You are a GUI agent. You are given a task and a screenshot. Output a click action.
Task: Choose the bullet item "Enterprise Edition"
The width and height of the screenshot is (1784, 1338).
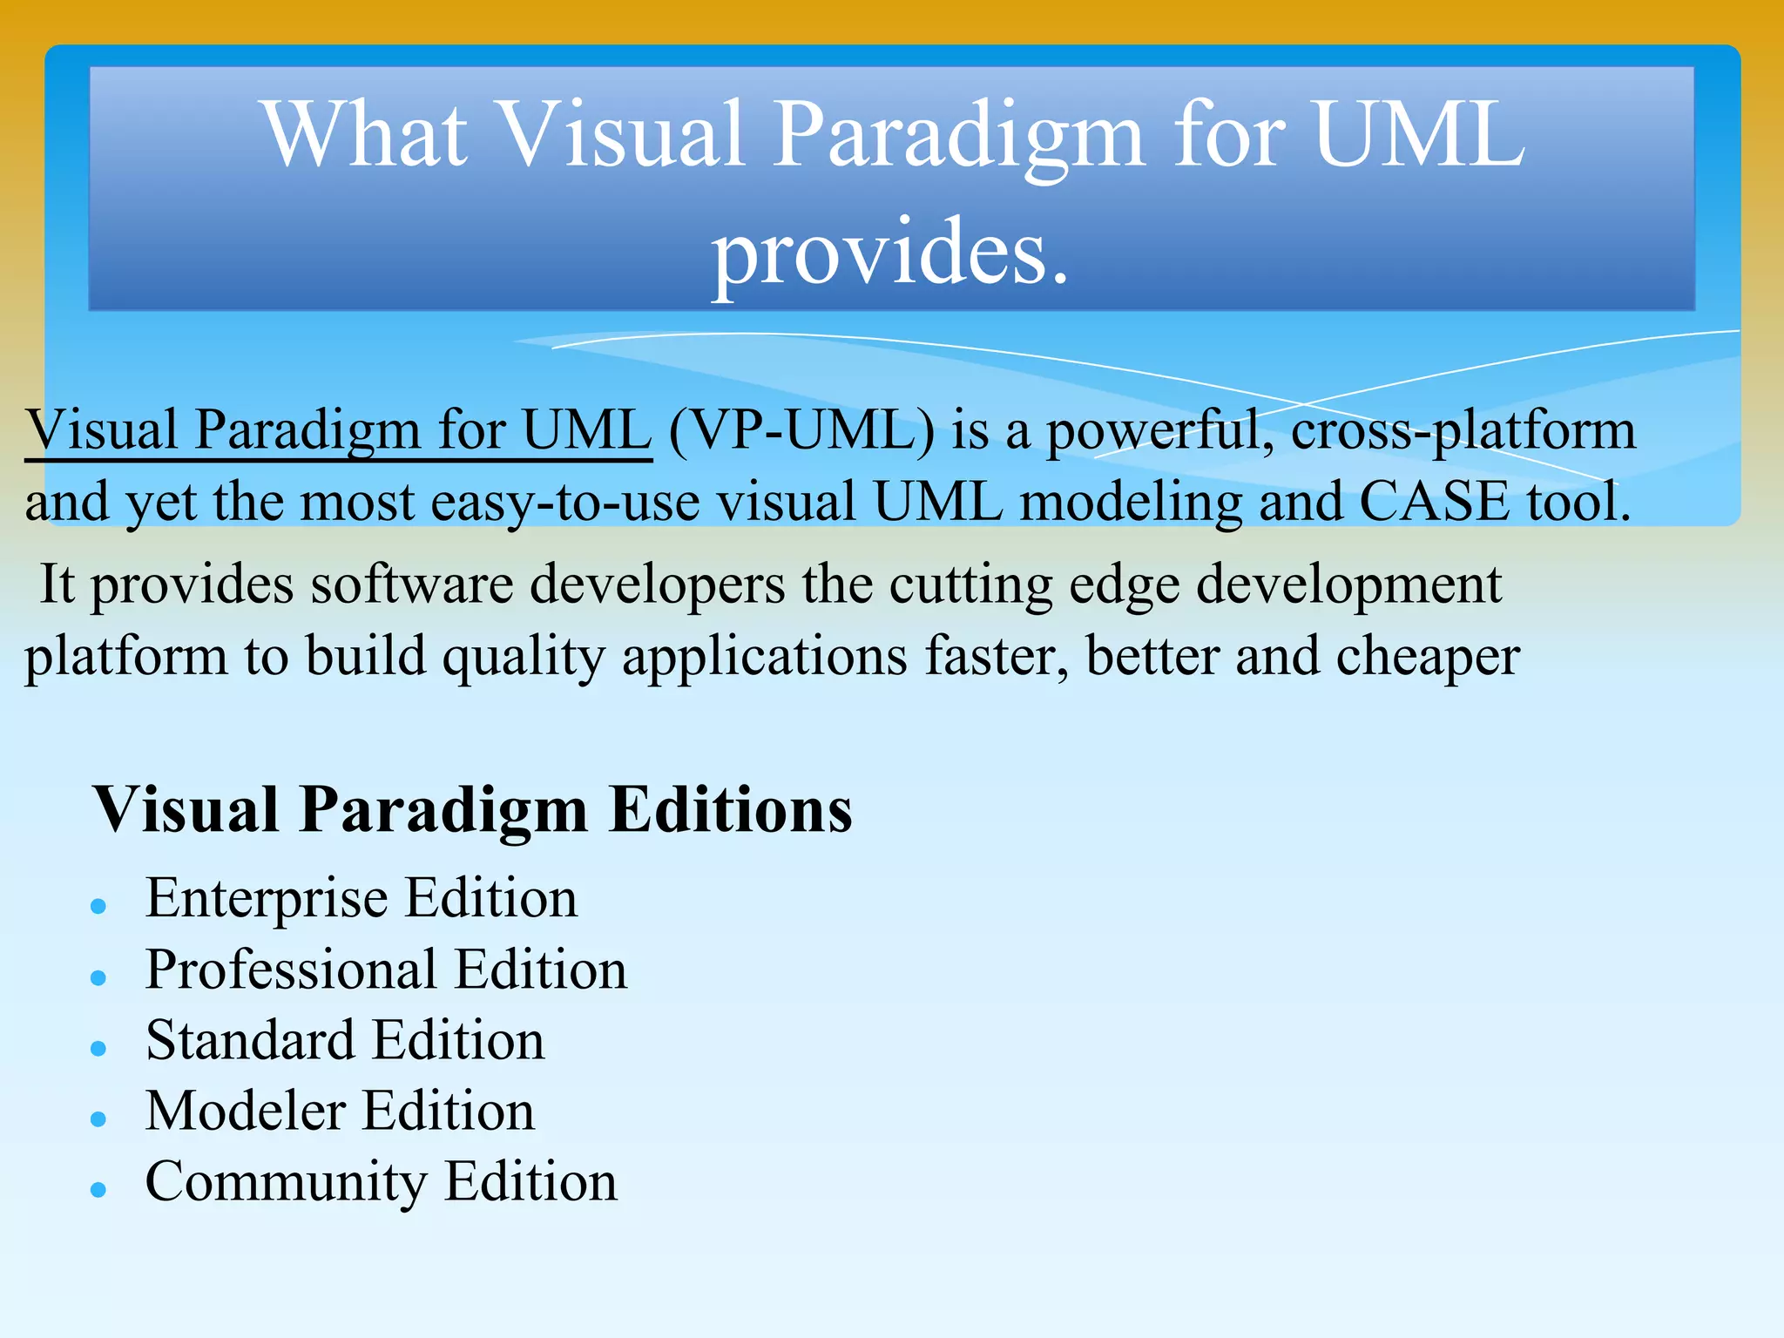362,898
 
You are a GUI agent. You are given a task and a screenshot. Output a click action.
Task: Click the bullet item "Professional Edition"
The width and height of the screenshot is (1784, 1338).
386,970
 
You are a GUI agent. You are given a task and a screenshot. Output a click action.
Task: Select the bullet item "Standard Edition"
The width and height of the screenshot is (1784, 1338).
345,1040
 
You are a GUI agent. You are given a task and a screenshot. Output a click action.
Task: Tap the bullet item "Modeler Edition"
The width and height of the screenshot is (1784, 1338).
340,1111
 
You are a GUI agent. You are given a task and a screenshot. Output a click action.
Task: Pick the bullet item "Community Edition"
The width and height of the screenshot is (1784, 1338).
381,1182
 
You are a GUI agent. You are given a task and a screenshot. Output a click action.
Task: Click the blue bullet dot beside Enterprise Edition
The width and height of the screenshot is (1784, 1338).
98,907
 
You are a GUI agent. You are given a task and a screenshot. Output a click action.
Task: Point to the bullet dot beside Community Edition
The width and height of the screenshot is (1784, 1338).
98,1190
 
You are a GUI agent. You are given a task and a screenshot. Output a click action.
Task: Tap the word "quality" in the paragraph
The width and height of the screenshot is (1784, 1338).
524,656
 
